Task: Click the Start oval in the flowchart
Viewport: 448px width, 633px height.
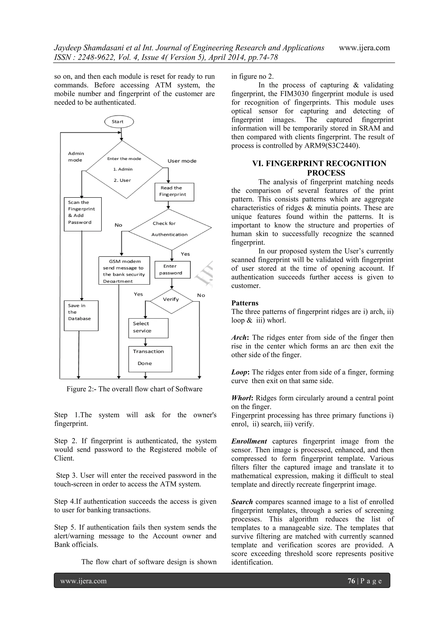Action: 119,121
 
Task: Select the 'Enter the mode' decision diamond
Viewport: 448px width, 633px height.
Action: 124,169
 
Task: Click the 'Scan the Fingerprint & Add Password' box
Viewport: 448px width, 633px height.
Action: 82,214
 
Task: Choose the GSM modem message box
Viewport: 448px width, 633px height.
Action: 124,270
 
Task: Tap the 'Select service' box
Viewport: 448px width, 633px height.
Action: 148,328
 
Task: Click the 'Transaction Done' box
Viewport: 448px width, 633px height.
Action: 150,359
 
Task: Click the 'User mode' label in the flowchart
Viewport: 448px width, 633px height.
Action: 182,161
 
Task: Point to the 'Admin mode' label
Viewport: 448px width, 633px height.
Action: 76,157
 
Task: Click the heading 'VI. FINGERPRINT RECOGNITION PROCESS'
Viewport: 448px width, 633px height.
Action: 319,168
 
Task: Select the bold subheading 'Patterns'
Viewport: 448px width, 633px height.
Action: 245,303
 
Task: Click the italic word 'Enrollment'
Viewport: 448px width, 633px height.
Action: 249,441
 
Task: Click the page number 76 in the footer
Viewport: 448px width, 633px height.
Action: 351,581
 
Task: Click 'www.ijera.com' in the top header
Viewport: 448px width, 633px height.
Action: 364,48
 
